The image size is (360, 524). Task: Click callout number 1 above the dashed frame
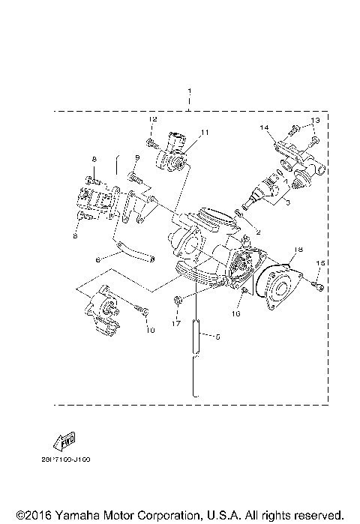coord(190,89)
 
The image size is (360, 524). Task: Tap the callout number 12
coord(151,120)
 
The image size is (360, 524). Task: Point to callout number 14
coord(264,128)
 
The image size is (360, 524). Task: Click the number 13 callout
coord(315,120)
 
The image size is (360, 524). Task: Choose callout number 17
coord(177,324)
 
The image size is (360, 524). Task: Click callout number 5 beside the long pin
coord(218,336)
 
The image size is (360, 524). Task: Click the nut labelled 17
coord(176,301)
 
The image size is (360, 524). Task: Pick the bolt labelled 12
coord(151,141)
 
